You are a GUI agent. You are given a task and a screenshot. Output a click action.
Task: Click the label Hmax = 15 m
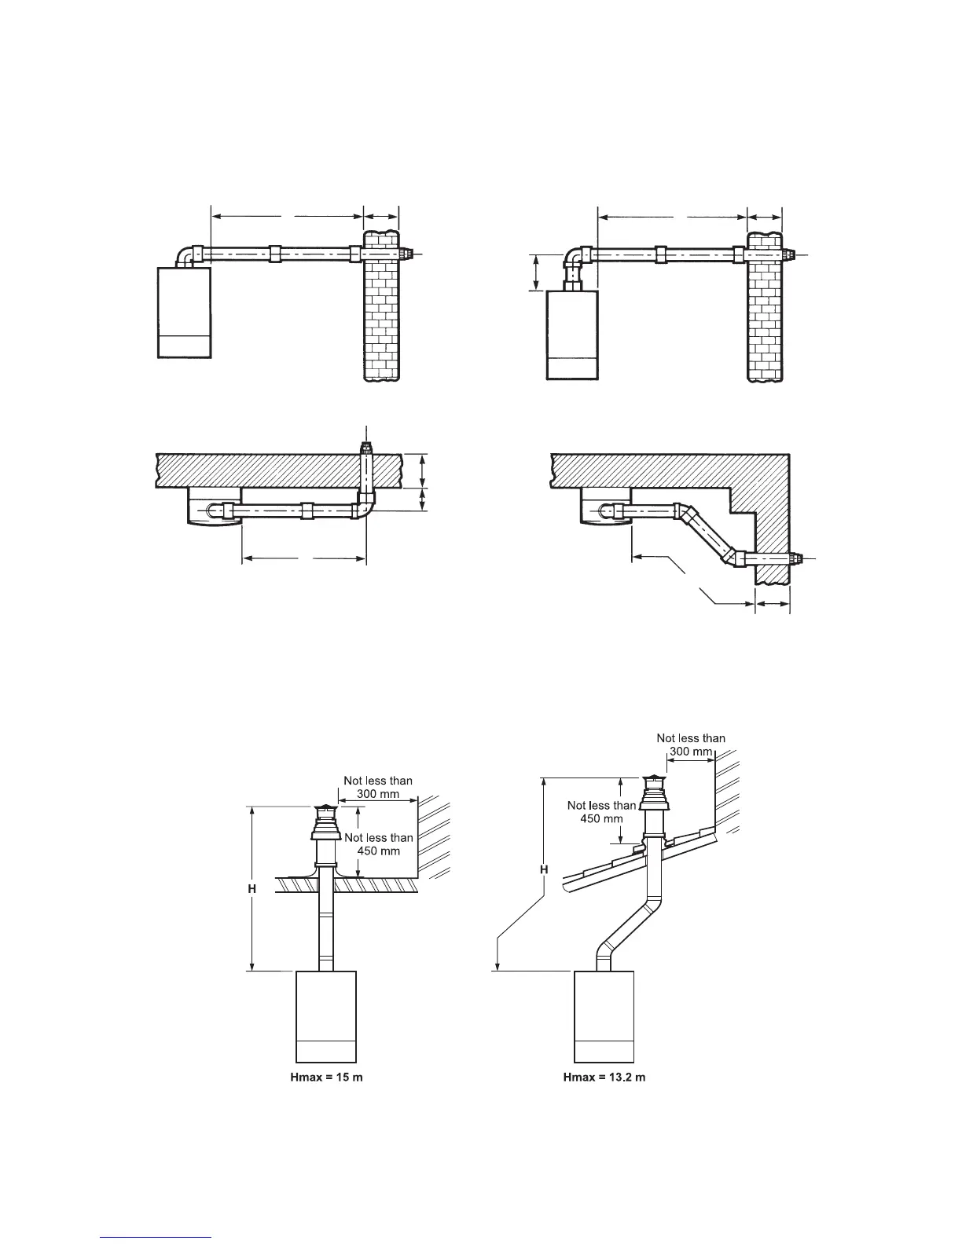pyautogui.click(x=327, y=1077)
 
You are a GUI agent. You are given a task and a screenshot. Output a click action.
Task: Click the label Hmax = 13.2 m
pyautogui.click(x=604, y=1077)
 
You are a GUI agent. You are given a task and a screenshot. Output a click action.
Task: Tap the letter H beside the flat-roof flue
pyautogui.click(x=252, y=888)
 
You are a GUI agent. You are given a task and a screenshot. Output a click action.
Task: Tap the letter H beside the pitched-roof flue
pyautogui.click(x=544, y=869)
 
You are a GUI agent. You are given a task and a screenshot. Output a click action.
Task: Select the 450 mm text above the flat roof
pyautogui.click(x=378, y=851)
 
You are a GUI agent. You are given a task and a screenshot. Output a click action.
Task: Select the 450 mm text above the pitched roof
pyautogui.click(x=601, y=818)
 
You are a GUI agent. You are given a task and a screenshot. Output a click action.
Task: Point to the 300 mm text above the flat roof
pyautogui.click(x=377, y=793)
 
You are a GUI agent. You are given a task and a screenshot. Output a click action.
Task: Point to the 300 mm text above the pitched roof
pyautogui.click(x=690, y=751)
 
